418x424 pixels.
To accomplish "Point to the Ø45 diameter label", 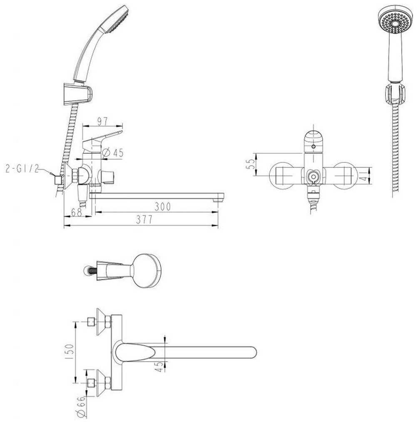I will [x=112, y=153].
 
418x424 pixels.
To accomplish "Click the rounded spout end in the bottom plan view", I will [x=250, y=353].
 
